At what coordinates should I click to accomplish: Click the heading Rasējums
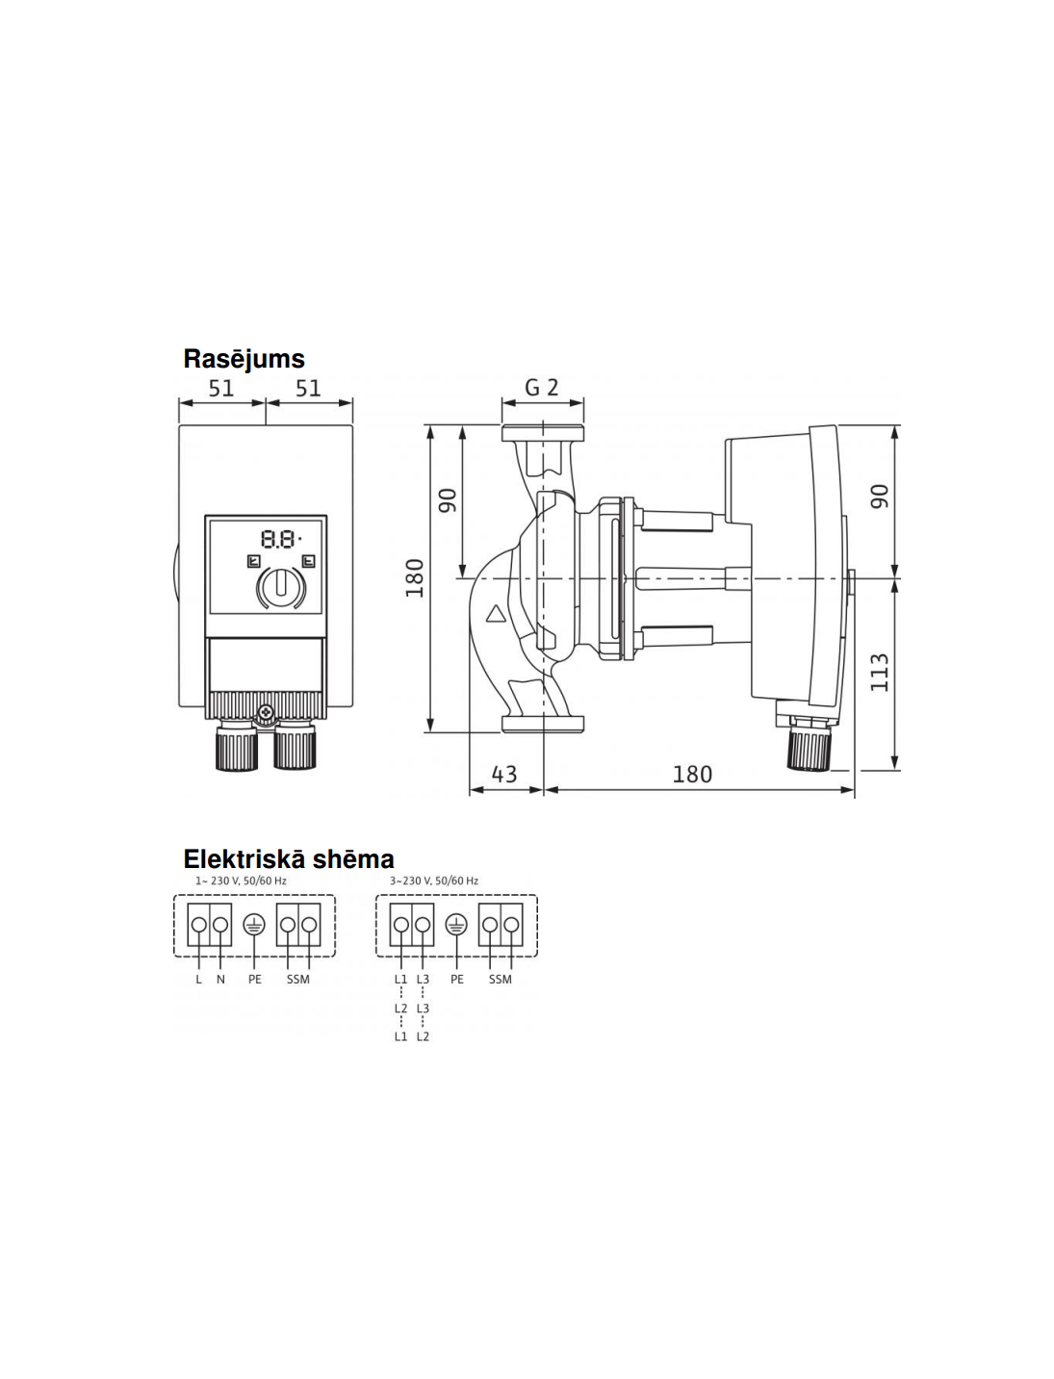(x=244, y=359)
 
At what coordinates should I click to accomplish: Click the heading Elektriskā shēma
(x=289, y=858)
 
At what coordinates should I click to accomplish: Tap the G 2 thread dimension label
(x=542, y=388)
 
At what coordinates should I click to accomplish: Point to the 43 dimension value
(x=503, y=774)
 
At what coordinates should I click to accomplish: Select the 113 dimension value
(x=880, y=673)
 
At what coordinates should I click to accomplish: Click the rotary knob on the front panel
(x=281, y=585)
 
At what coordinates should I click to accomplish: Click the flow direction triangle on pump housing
(x=496, y=613)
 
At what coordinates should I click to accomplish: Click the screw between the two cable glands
(x=267, y=712)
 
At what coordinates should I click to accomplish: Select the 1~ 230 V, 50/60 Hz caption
(x=241, y=881)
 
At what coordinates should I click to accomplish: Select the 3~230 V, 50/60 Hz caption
(x=434, y=881)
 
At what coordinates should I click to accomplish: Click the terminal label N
(x=220, y=980)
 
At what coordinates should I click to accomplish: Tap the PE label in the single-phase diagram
(x=254, y=980)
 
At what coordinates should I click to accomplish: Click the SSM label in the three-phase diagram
(x=500, y=980)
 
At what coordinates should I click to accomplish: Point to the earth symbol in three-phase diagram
(x=456, y=924)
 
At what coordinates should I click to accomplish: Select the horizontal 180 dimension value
(x=692, y=774)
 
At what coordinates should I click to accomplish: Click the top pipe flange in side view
(x=543, y=433)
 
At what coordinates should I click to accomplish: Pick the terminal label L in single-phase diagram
(x=198, y=980)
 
